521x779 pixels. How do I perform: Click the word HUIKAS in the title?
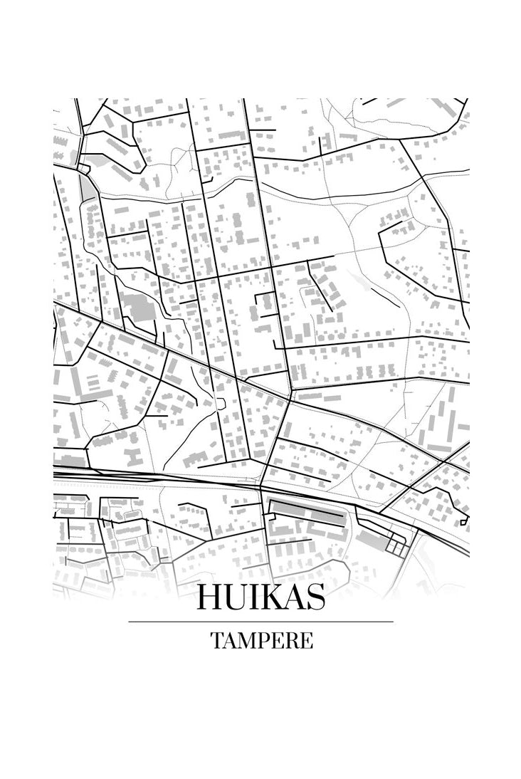[260, 597]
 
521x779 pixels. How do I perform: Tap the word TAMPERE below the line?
[261, 641]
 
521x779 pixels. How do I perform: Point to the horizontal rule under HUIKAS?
[260, 622]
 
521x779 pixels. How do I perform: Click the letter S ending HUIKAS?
[315, 597]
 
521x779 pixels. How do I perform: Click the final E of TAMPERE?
[306, 641]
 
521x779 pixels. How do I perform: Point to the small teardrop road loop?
[220, 404]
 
